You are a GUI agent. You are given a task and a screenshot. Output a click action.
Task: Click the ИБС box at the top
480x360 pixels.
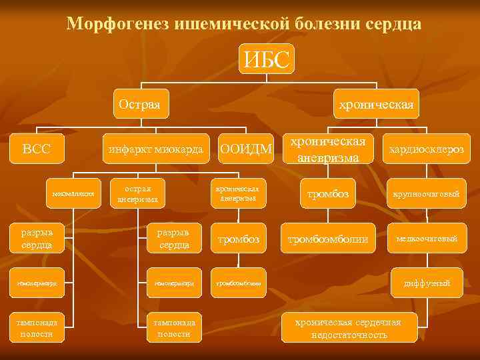click(267, 59)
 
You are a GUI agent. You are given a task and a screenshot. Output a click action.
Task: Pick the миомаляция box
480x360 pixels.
click(74, 194)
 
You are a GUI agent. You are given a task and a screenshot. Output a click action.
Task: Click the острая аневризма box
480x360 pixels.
click(137, 193)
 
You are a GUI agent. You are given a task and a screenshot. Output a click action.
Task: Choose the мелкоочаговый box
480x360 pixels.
click(427, 239)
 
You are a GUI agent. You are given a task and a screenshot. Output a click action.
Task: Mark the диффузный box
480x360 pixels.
click(427, 283)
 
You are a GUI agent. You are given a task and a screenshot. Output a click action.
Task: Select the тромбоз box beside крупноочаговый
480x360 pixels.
click(327, 194)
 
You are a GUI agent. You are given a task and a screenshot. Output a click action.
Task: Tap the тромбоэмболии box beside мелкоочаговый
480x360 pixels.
click(327, 239)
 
